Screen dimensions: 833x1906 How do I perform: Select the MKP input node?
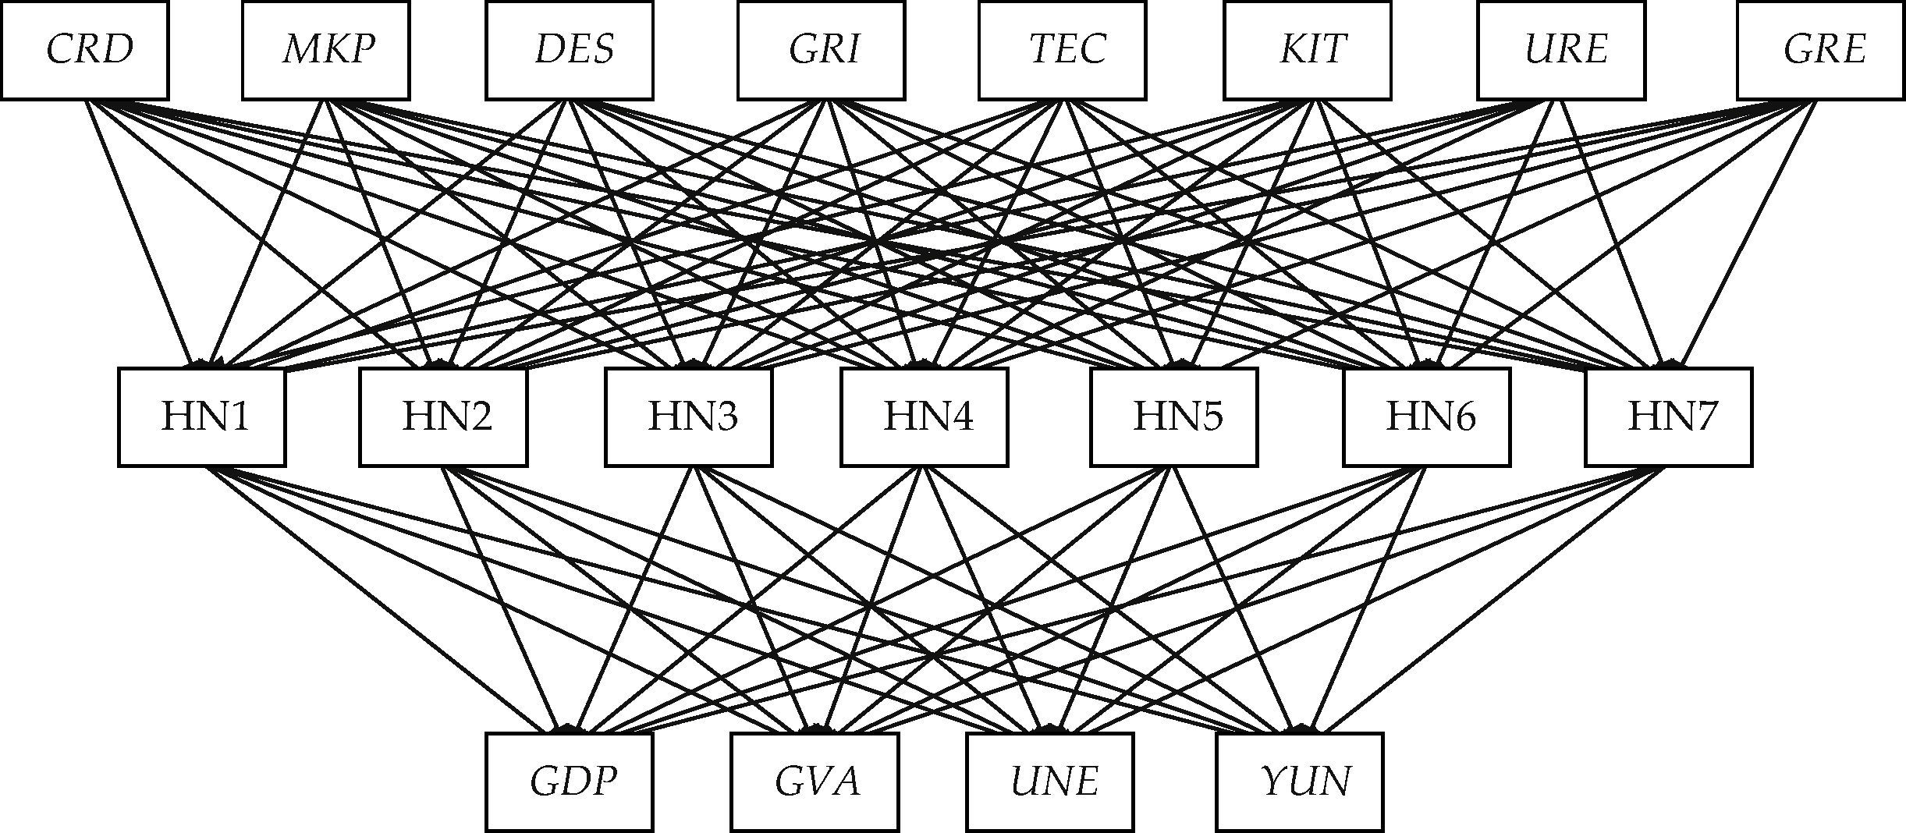click(x=325, y=51)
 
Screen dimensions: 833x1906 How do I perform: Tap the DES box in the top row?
click(x=570, y=51)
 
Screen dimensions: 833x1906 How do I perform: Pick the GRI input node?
click(x=821, y=51)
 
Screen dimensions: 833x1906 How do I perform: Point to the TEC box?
click(x=1063, y=51)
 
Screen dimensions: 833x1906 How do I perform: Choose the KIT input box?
click(x=1308, y=51)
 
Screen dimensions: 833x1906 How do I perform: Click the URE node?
click(x=1561, y=51)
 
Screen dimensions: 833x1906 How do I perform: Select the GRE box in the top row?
click(x=1820, y=51)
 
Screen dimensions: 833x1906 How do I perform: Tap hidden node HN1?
click(x=202, y=417)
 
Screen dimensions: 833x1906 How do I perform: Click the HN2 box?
click(x=443, y=417)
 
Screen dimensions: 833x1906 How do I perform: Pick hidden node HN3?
click(x=689, y=417)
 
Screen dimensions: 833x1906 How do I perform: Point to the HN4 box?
click(x=925, y=417)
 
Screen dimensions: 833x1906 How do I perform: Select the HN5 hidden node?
click(x=1174, y=417)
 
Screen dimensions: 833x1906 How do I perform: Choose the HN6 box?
click(x=1427, y=417)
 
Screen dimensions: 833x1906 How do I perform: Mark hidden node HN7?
click(x=1669, y=417)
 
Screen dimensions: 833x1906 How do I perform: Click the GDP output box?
click(x=570, y=782)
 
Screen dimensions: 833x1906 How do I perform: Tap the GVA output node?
click(x=815, y=782)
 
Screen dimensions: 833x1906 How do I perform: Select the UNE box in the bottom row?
click(x=1050, y=782)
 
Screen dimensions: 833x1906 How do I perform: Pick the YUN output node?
click(x=1300, y=782)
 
